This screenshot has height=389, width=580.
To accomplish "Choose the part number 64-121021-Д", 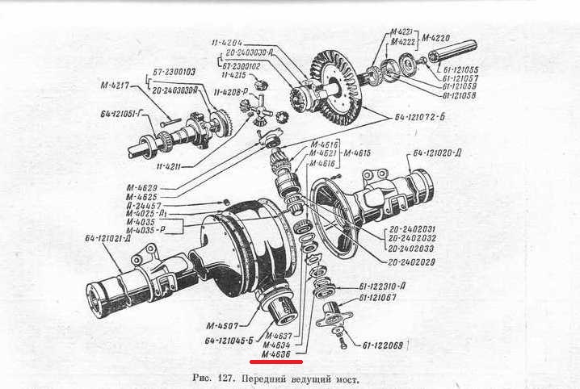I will [x=114, y=238].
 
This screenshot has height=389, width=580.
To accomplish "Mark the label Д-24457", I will [x=149, y=207].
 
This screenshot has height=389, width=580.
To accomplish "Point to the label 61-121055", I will [x=456, y=70].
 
